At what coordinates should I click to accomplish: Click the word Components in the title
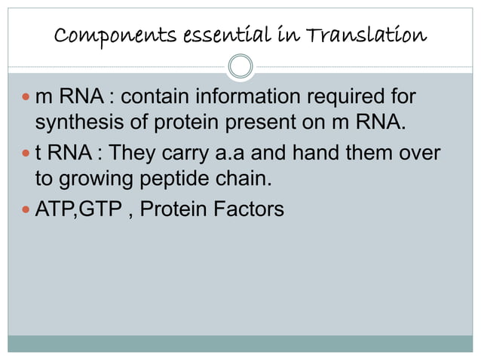click(x=107, y=35)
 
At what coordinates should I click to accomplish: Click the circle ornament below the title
click(x=240, y=66)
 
